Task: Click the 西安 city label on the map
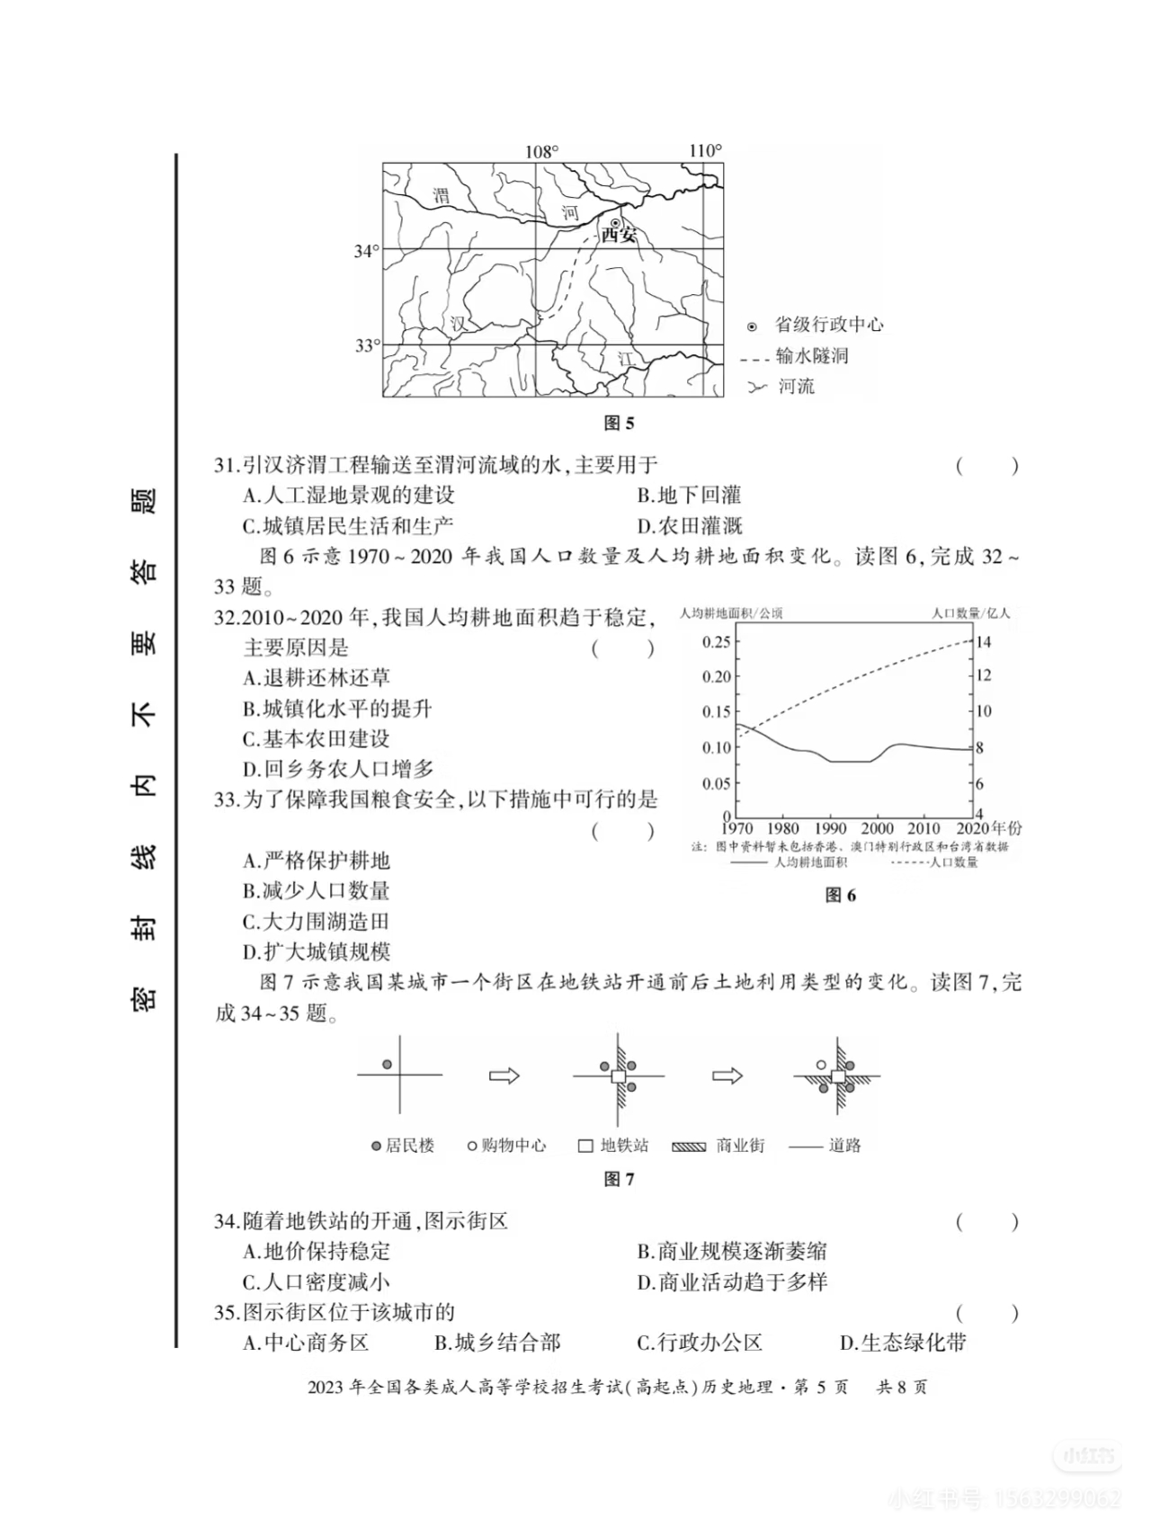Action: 619,236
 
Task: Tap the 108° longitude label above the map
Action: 541,152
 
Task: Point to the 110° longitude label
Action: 705,150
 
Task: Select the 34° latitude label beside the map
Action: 366,251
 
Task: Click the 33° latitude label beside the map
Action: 367,345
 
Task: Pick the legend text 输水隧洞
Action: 812,356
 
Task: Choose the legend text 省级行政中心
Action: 829,326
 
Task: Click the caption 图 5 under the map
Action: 619,423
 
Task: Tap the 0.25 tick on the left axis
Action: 717,641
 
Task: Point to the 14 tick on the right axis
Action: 984,642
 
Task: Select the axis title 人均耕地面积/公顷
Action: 731,613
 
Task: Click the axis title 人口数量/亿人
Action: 970,613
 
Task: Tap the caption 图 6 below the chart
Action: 841,895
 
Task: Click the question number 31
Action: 225,465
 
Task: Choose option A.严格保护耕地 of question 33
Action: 317,861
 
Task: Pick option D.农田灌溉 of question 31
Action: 690,526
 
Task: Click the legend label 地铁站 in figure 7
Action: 624,1146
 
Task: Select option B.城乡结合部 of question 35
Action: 497,1344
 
